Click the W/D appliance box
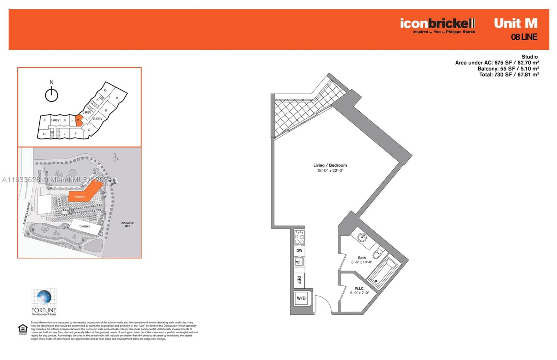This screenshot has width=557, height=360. pyautogui.click(x=301, y=298)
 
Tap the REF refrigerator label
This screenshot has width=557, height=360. pyautogui.click(x=299, y=280)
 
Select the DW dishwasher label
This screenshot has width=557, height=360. pyautogui.click(x=299, y=250)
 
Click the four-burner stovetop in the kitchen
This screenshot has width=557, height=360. pyautogui.click(x=299, y=237)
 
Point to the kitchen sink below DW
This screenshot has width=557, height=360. pyautogui.click(x=299, y=262)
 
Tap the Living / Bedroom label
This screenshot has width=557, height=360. pyautogui.click(x=330, y=165)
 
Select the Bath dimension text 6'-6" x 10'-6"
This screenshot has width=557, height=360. pyautogui.click(x=362, y=262)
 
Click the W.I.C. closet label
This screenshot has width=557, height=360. pyautogui.click(x=360, y=289)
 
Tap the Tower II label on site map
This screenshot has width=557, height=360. pyautogui.click(x=84, y=226)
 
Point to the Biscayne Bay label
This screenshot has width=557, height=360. pyautogui.click(x=127, y=225)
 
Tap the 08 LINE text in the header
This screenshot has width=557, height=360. pyautogui.click(x=524, y=37)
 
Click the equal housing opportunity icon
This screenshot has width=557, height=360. pyautogui.click(x=23, y=329)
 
